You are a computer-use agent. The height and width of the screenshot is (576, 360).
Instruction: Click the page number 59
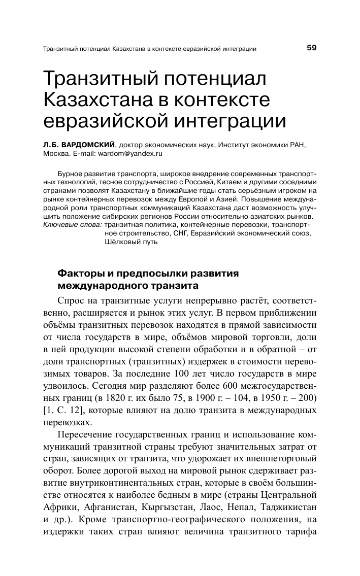tap(311, 48)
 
